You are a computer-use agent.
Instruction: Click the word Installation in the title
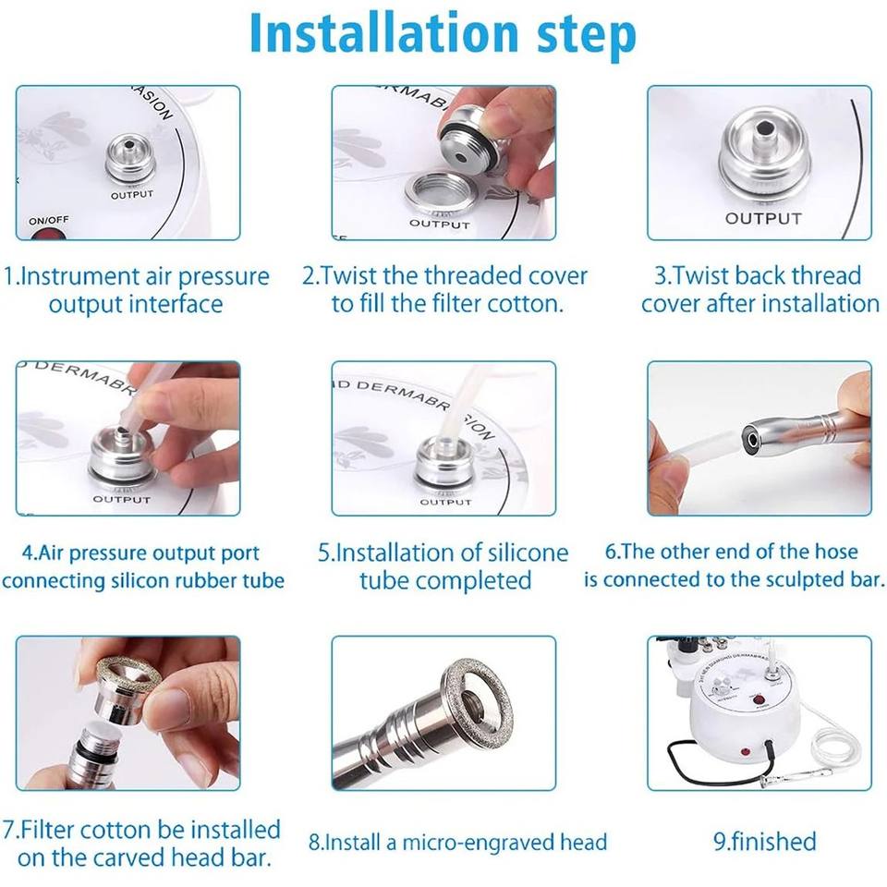point(384,33)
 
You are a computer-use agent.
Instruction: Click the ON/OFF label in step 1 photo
point(49,220)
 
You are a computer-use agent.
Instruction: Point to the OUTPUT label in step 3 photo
point(764,218)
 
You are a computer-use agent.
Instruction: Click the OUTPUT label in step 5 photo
point(445,502)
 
